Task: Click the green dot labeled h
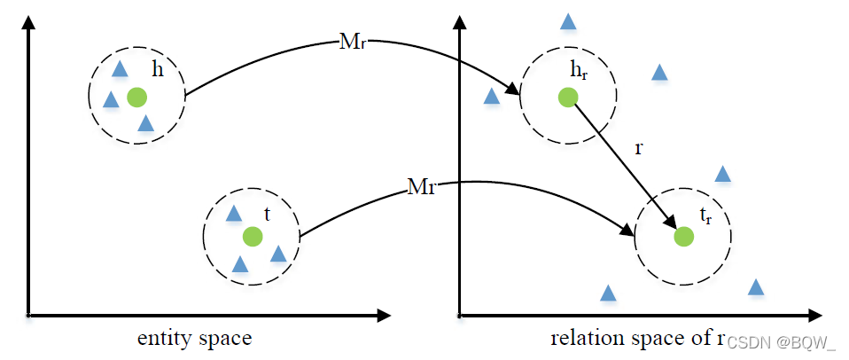point(136,97)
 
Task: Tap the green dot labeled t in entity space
point(253,236)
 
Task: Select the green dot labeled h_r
point(568,97)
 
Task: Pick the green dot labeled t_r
point(683,237)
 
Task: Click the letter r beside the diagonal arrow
point(638,148)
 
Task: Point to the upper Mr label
point(351,42)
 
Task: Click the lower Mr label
point(421,187)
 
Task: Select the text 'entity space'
point(194,339)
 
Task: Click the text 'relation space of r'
point(637,339)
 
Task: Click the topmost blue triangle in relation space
point(568,20)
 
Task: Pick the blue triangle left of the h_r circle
point(491,96)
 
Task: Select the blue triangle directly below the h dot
point(146,123)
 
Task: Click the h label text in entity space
point(158,70)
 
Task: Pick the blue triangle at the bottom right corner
point(756,287)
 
